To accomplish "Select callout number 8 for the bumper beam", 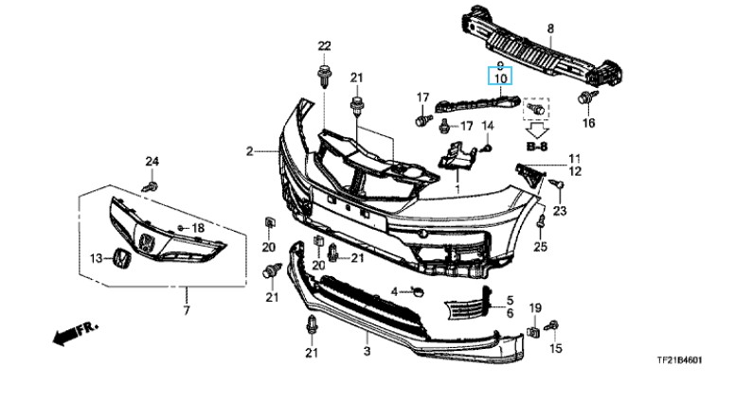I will (549, 29).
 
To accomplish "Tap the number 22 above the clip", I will (325, 46).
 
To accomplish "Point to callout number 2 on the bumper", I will (249, 151).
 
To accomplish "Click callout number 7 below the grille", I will (186, 311).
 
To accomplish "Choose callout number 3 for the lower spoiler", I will (366, 352).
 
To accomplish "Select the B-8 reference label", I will (537, 147).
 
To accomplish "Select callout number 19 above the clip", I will (534, 308).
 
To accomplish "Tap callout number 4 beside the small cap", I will (394, 288).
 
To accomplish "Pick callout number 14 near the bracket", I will (489, 126).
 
